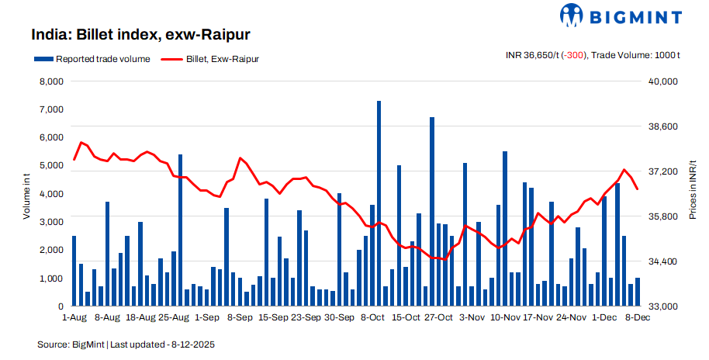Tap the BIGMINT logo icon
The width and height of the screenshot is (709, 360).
click(572, 16)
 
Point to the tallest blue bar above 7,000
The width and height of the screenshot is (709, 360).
click(379, 105)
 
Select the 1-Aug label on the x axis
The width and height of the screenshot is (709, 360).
click(74, 317)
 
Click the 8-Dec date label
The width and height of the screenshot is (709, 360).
click(638, 317)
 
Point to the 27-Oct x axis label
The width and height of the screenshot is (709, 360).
click(439, 317)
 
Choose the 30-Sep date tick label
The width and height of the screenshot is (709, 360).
click(339, 317)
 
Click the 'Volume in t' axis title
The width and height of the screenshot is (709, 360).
click(26, 194)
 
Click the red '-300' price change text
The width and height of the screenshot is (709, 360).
click(575, 54)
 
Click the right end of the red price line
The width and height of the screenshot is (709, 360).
click(637, 189)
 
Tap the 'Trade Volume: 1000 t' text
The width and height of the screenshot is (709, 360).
click(636, 54)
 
